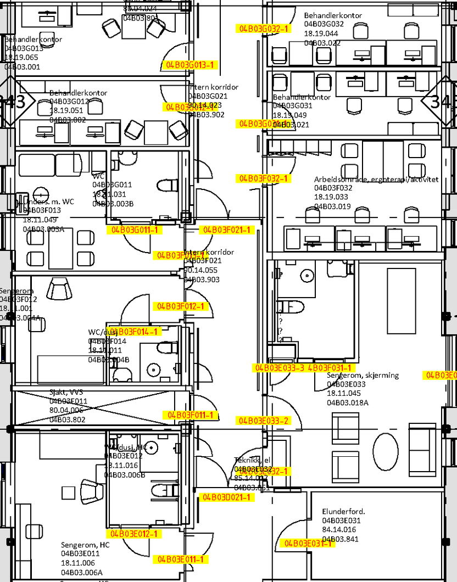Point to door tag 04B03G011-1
135,230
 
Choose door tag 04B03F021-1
227,230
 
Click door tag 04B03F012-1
181,306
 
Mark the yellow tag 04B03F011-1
190,415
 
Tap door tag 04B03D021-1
227,497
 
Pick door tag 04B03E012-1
135,534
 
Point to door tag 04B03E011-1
181,559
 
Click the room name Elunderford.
344,512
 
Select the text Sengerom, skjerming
363,376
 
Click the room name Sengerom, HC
85,545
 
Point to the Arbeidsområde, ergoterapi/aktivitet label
376,180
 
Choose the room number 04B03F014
107,341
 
